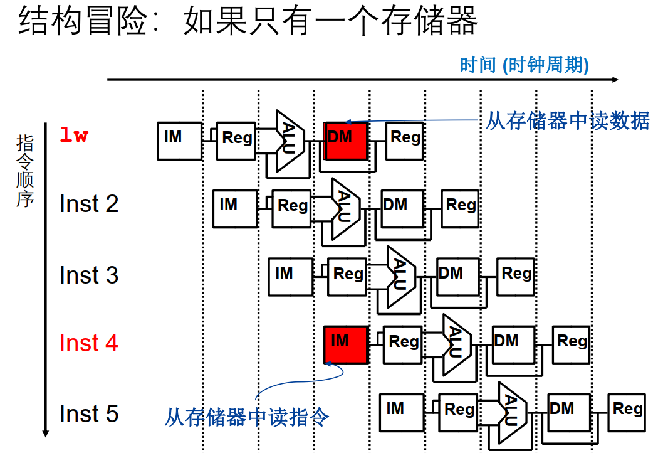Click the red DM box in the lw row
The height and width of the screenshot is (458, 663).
tap(345, 141)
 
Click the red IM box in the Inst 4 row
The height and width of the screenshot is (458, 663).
tap(345, 344)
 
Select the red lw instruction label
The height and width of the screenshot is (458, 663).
tap(74, 135)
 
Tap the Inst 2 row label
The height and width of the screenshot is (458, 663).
tap(88, 204)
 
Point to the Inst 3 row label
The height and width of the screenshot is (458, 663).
tap(88, 275)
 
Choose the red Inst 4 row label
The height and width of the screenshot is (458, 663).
tap(88, 343)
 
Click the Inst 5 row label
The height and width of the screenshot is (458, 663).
tap(88, 414)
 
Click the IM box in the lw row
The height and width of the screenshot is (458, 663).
tap(179, 141)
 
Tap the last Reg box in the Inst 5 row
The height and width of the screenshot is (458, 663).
tap(627, 412)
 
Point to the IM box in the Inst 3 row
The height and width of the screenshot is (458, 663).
tap(290, 277)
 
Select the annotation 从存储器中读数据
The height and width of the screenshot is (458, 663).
tap(567, 120)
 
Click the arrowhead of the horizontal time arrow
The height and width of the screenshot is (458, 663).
tap(615, 80)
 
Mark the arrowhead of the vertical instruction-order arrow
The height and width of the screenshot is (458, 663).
tap(45, 433)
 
